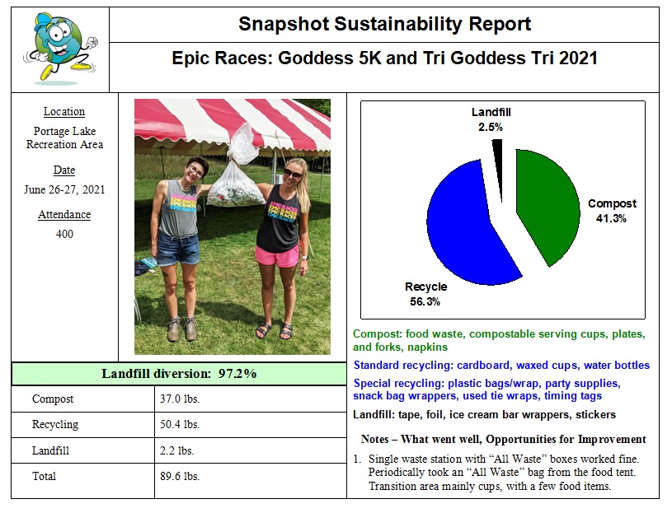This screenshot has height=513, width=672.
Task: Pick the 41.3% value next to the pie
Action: click(611, 218)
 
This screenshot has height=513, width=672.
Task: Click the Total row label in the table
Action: click(45, 476)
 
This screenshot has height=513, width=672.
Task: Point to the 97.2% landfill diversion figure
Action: click(237, 374)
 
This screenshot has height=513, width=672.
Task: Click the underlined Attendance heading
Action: click(64, 215)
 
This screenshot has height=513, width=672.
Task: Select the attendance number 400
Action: click(64, 234)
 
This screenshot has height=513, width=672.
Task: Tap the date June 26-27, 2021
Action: click(64, 189)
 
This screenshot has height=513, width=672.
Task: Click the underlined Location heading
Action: click(64, 112)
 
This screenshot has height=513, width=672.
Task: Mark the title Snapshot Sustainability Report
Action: click(384, 24)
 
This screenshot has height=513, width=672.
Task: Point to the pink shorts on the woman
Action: click(276, 255)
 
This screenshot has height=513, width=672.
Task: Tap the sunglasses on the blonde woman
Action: click(293, 174)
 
